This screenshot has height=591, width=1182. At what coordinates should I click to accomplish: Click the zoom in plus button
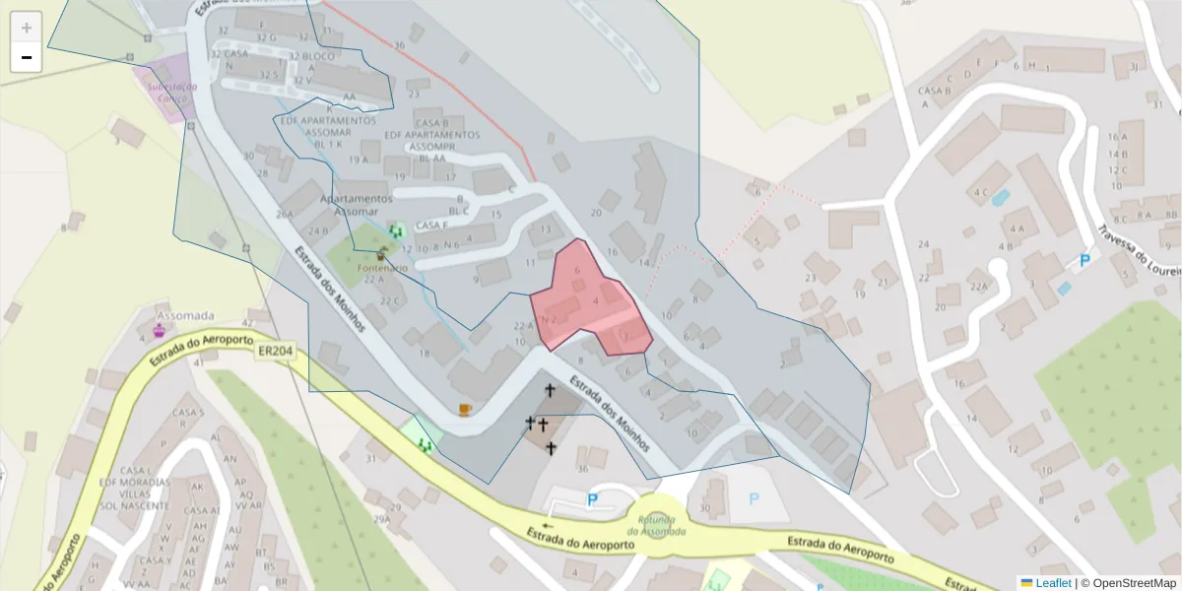coord(27,28)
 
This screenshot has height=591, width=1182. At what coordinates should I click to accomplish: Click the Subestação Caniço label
coord(171,92)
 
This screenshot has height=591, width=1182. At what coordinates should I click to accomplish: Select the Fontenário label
coord(382,268)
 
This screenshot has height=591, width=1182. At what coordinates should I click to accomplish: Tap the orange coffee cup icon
coord(465,409)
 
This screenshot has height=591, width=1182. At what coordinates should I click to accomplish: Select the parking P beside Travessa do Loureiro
coord(1084,261)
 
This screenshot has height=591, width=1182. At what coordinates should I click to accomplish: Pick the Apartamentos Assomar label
coord(356,205)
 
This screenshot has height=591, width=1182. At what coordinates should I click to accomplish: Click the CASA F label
coord(432,226)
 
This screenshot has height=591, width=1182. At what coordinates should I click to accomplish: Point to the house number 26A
coord(285,214)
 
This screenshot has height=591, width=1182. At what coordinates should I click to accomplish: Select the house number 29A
coord(380,518)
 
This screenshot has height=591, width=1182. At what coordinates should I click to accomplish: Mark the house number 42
coord(247,323)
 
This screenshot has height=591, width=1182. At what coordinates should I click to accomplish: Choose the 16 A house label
coord(1117,137)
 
